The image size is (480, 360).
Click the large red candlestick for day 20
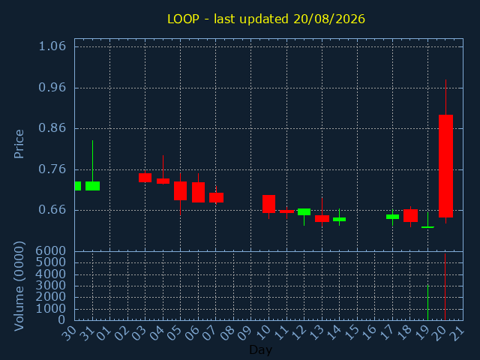(445, 166)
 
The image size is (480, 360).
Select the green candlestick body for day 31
(92, 186)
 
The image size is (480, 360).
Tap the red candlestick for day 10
(268, 204)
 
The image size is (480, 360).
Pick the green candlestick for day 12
(304, 211)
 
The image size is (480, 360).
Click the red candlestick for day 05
(180, 190)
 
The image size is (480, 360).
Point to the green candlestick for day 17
(392, 217)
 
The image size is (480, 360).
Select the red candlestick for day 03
(145, 178)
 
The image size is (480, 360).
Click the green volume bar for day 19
(427, 302)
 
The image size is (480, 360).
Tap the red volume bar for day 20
(445, 286)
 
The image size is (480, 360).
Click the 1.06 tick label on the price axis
(52, 46)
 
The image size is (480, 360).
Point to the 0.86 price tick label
(52, 128)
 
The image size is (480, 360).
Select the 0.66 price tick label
(52, 210)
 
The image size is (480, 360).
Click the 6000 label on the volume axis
(51, 251)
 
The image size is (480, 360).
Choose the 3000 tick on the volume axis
(51, 286)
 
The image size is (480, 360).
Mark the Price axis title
(19, 144)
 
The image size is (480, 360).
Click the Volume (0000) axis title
(19, 286)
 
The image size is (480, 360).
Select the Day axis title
(260, 350)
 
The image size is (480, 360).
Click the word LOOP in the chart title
(183, 19)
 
